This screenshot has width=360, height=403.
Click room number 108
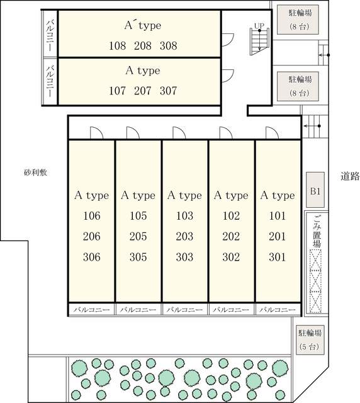(118, 46)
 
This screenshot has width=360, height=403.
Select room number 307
(168, 91)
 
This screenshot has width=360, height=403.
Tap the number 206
(91, 237)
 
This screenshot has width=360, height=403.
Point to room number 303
(184, 257)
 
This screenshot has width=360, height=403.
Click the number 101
(278, 215)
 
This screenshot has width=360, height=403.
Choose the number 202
(231, 237)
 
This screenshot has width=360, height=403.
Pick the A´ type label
(143, 25)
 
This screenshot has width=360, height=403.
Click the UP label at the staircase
(259, 26)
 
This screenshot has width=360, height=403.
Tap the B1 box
(315, 190)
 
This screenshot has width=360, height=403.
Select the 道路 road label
(350, 176)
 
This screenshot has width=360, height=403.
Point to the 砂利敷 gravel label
(35, 173)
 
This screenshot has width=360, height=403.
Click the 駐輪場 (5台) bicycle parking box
(310, 340)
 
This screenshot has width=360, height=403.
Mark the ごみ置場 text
(317, 232)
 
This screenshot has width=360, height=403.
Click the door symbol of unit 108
(228, 40)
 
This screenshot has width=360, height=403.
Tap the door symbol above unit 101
(273, 133)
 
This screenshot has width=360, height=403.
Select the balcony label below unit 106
(91, 310)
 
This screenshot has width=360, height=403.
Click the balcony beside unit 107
(50, 81)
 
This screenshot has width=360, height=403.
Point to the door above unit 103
(179, 133)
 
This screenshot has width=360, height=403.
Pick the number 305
(138, 257)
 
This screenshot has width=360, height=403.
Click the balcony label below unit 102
(231, 310)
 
